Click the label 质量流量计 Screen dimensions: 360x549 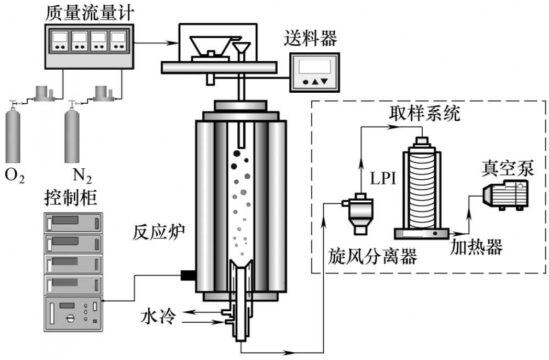click(x=89, y=12)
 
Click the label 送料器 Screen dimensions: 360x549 click(x=310, y=39)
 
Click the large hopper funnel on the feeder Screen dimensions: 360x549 click(x=213, y=44)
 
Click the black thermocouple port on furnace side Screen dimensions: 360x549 click(x=186, y=275)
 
